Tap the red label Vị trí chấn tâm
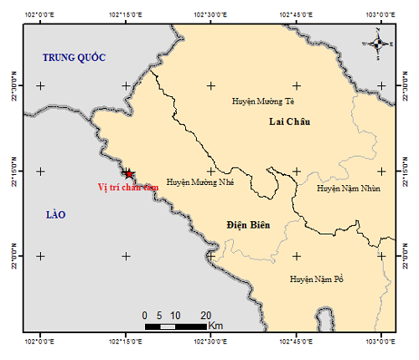(127, 188)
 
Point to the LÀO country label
(55, 215)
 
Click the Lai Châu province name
(290, 121)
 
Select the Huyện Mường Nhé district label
(199, 181)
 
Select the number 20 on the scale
(205, 315)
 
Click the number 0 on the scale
(146, 315)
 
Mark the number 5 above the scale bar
(160, 315)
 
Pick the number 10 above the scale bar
(175, 315)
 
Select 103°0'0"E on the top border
(381, 15)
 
